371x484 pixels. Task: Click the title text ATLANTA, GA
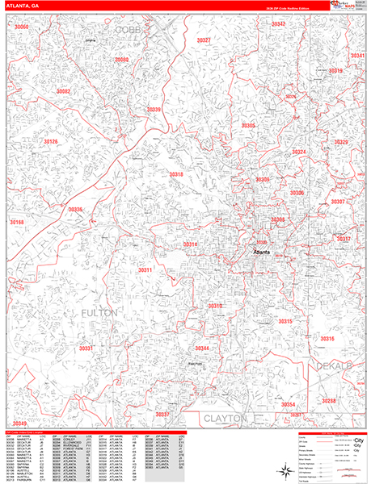click(x=24, y=5)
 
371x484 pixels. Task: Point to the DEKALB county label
click(x=331, y=367)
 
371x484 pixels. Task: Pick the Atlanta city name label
click(x=262, y=252)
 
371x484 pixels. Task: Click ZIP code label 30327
click(x=204, y=40)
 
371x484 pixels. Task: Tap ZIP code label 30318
click(x=176, y=174)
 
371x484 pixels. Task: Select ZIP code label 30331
click(x=87, y=348)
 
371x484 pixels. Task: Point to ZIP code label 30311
click(x=145, y=269)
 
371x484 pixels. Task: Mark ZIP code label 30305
click(x=248, y=126)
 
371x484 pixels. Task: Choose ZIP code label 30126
click(x=51, y=142)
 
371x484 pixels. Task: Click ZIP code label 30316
click(x=327, y=339)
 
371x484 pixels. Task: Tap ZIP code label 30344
click(x=202, y=348)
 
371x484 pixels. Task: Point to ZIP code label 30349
click(x=19, y=423)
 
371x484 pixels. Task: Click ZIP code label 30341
click(x=357, y=56)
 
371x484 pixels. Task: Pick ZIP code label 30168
click(x=17, y=222)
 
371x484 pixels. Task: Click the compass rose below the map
click(x=287, y=471)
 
